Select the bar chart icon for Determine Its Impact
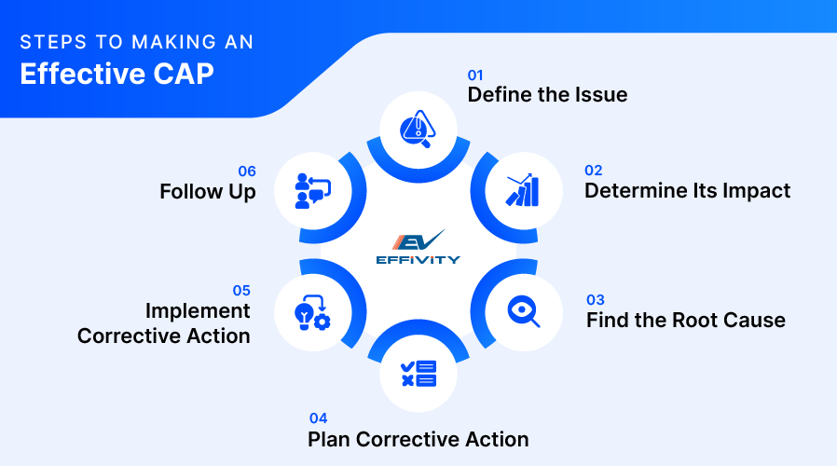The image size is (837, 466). coord(522,189)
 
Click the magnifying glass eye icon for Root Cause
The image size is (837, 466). coord(522,310)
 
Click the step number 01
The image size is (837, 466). coord(476,74)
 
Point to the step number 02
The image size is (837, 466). coord(594,171)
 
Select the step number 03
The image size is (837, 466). coord(596,300)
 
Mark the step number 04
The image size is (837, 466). coord(318,418)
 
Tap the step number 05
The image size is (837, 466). coord(240,291)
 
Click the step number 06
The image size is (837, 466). coord(246,171)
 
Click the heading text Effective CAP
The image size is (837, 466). coord(117,75)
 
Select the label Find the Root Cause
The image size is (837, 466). coord(685,321)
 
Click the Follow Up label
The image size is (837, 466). coord(207,192)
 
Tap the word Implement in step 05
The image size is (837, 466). coord(198,311)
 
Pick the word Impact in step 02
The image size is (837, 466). coord(756,191)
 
